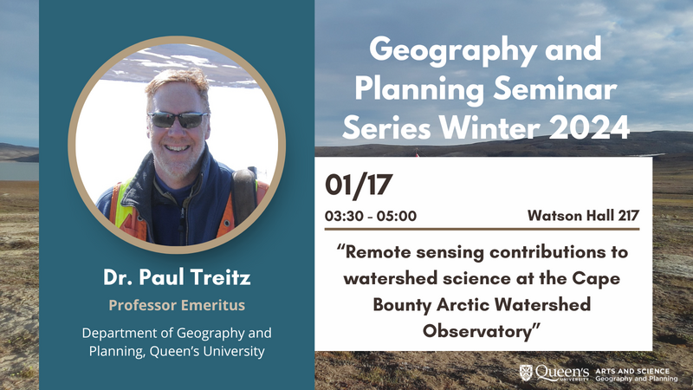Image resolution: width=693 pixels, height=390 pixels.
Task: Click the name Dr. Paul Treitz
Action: [177, 280]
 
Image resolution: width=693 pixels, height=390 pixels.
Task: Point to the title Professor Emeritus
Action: [177, 306]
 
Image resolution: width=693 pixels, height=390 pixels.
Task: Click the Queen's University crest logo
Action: [525, 373]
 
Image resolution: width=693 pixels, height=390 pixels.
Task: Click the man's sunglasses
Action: [177, 120]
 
